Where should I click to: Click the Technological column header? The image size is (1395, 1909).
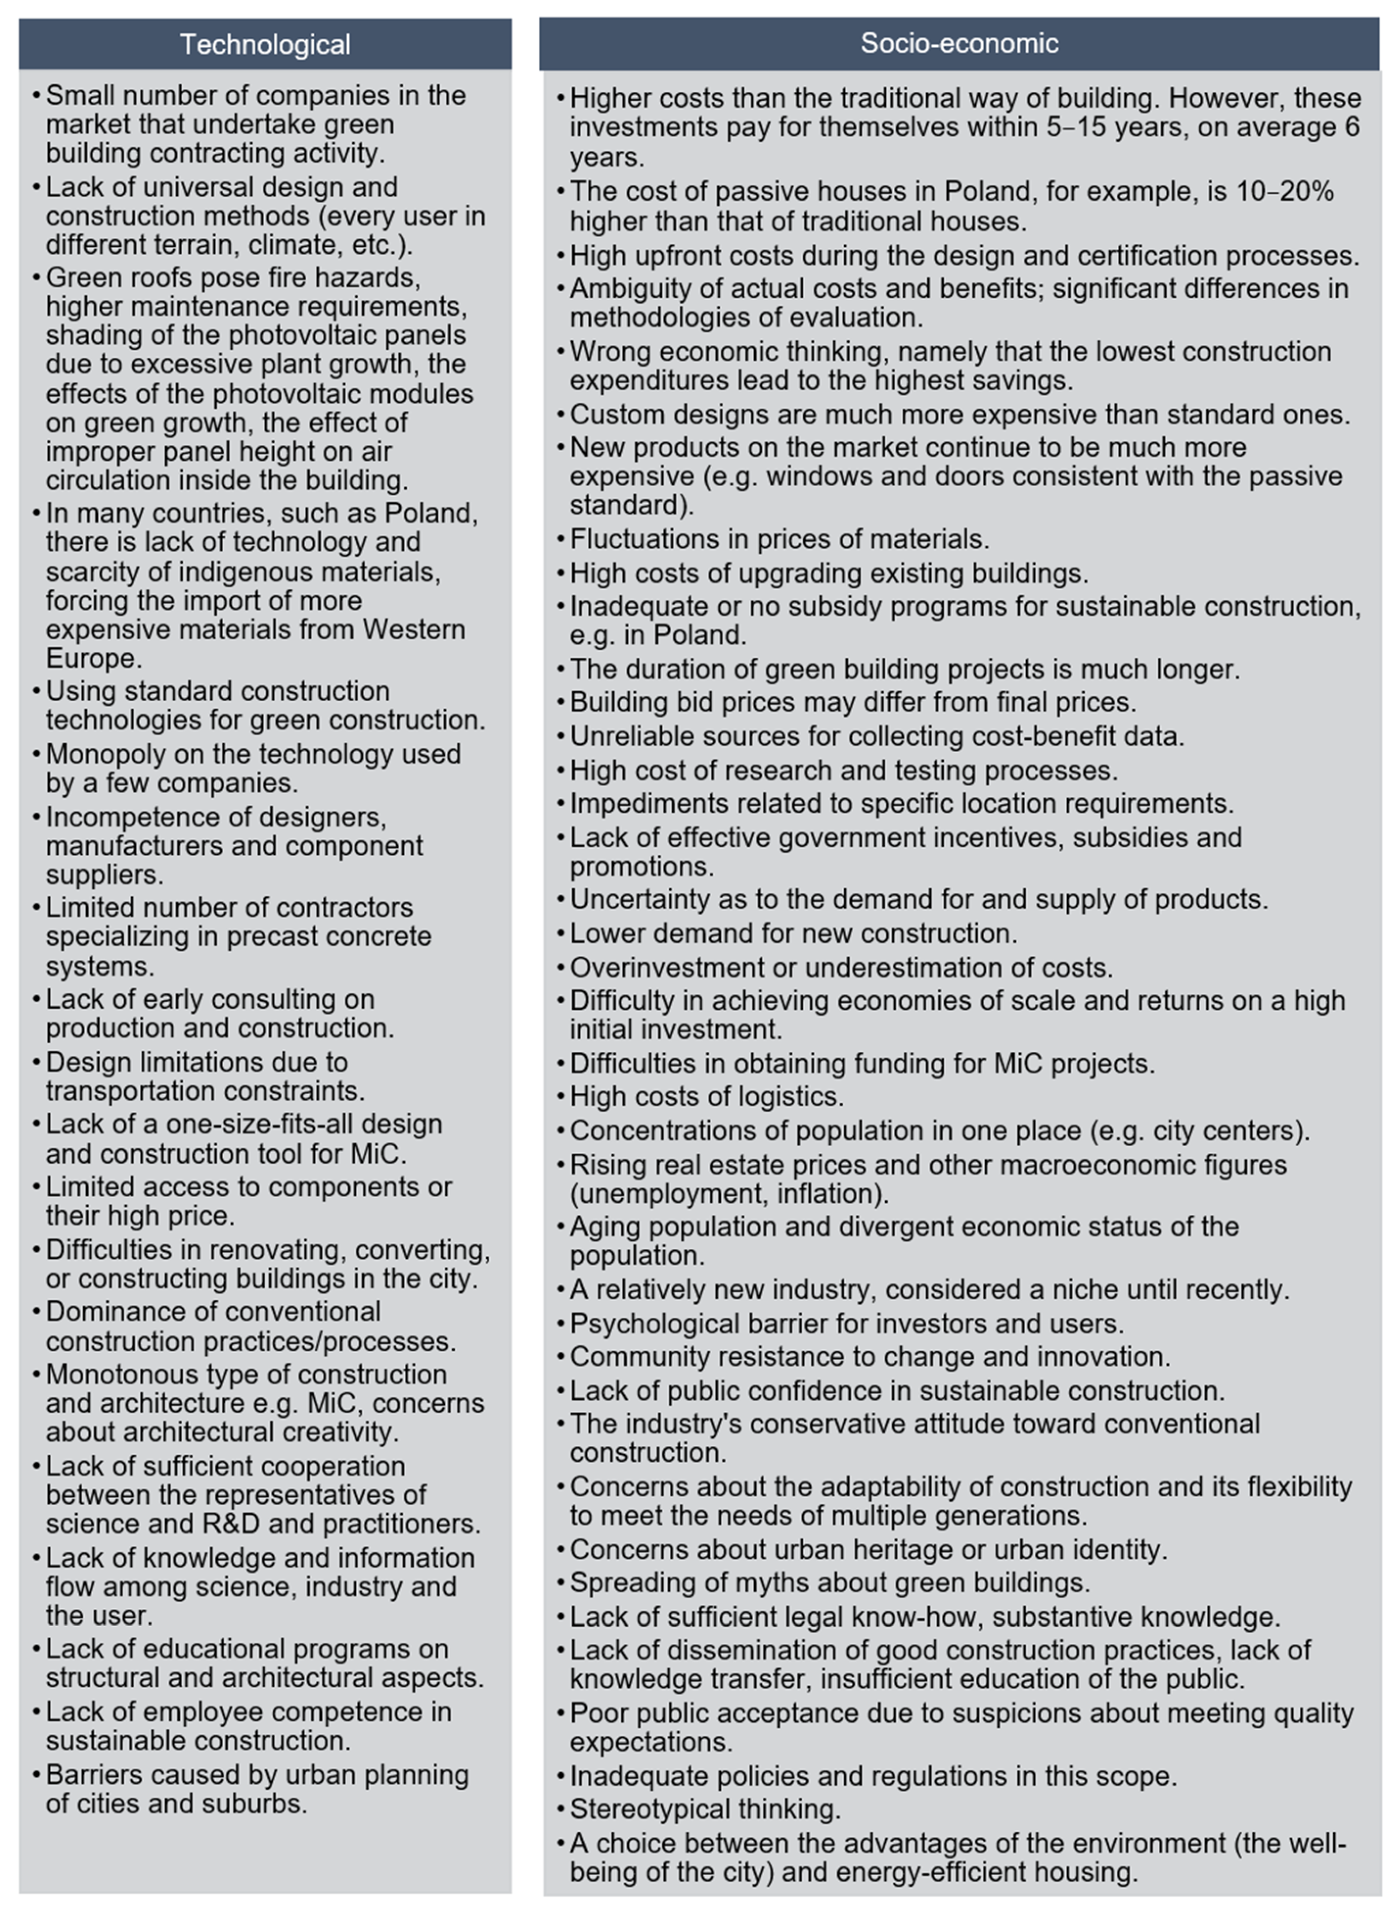pos(265,44)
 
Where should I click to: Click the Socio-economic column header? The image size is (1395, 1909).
pos(959,43)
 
